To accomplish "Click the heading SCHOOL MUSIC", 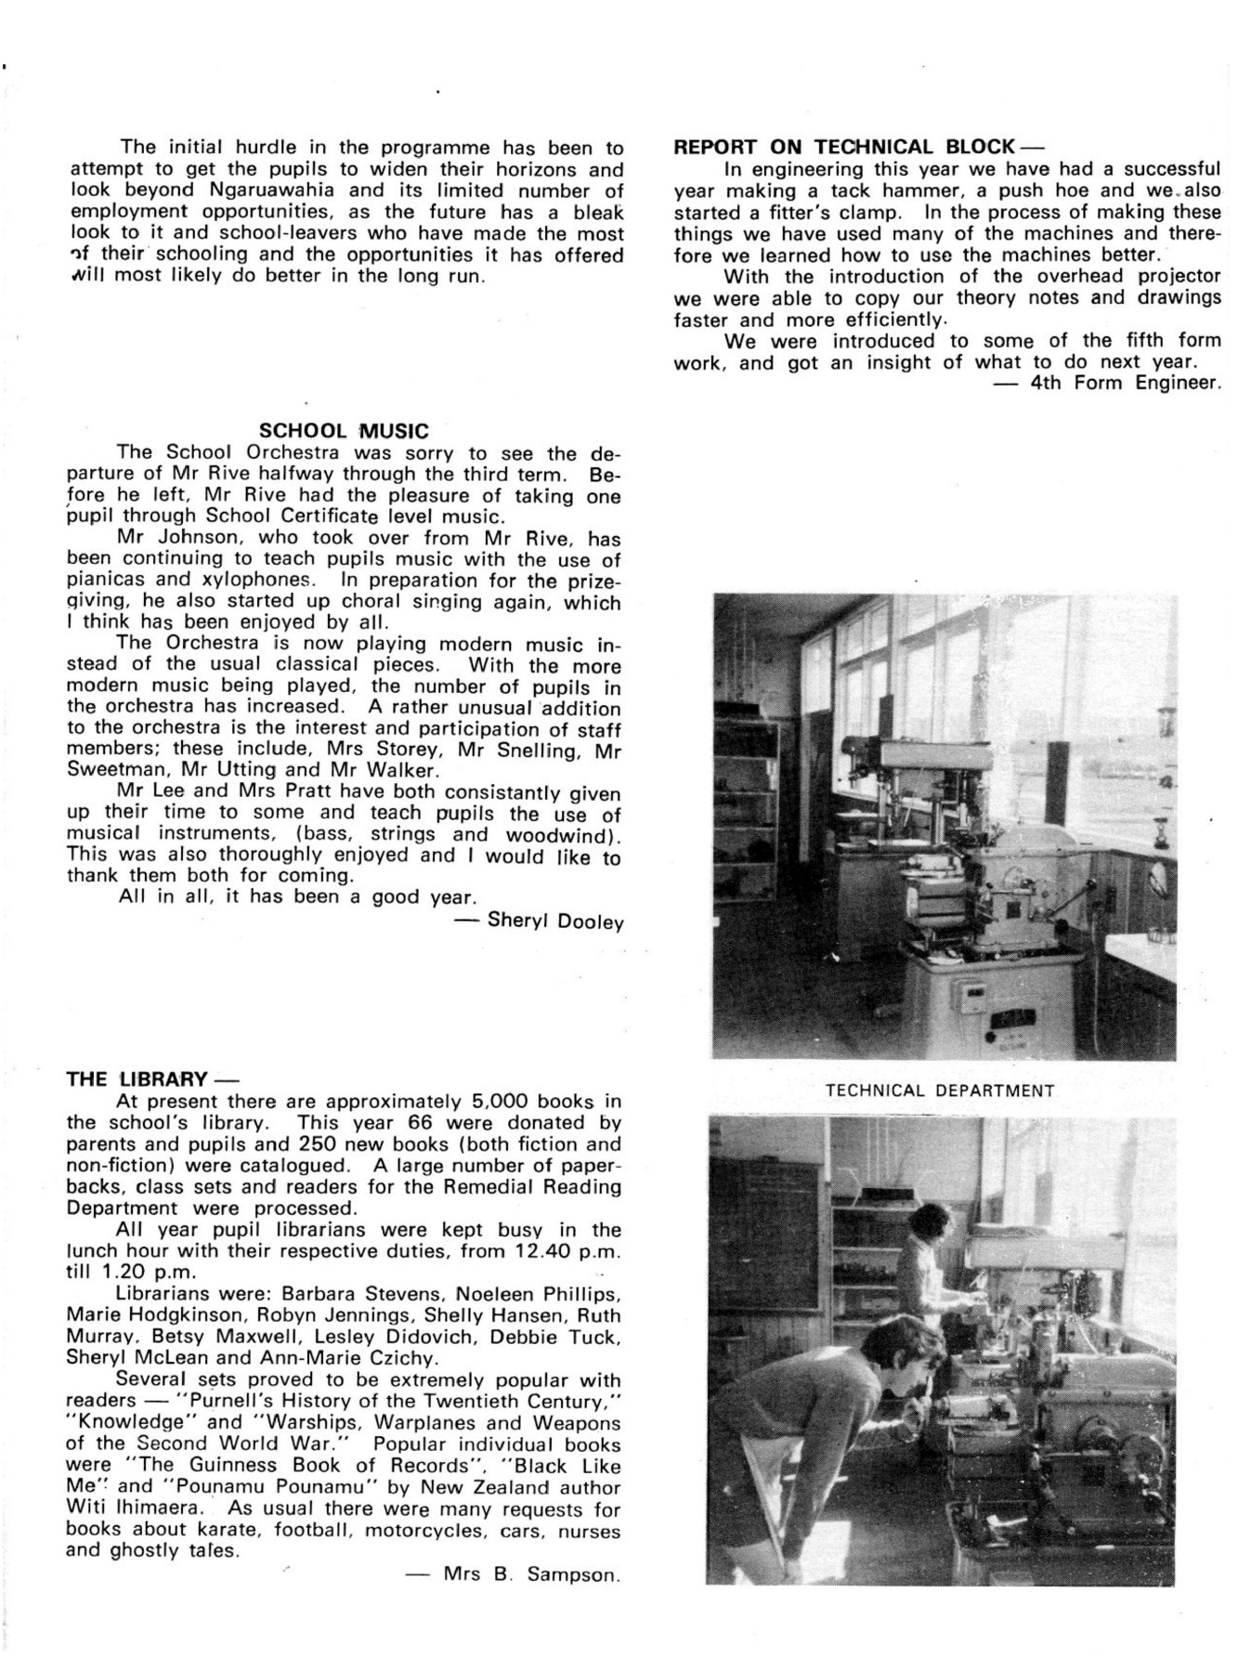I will (x=344, y=431).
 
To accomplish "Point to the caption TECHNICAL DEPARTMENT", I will (x=940, y=1091).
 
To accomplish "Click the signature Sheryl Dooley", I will (x=554, y=921).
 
